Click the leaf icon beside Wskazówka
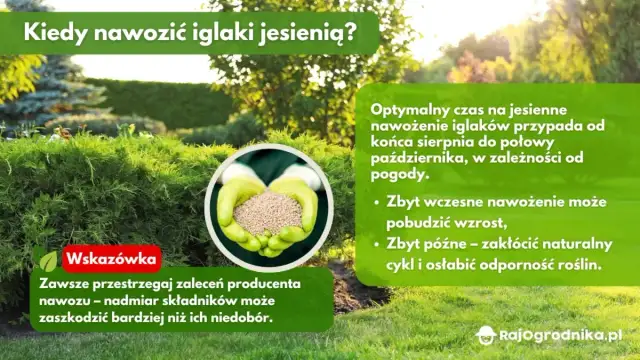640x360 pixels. pyautogui.click(x=48, y=261)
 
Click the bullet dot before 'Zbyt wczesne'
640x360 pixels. pyautogui.click(x=375, y=200)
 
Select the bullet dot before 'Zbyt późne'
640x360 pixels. pyautogui.click(x=375, y=244)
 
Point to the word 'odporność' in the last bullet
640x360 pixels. pyautogui.click(x=511, y=265)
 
